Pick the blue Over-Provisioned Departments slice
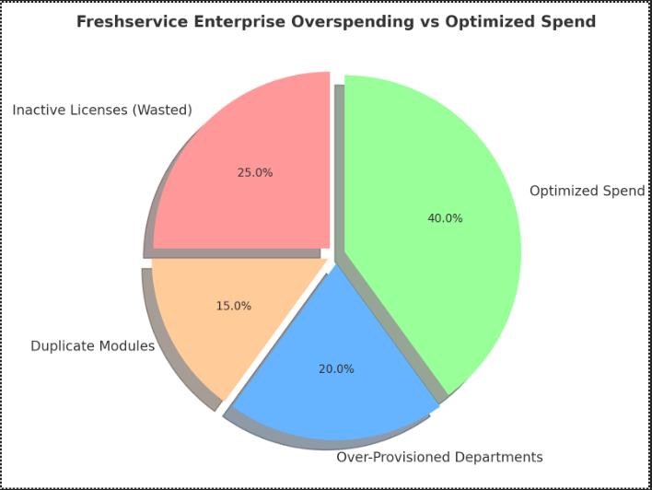332,387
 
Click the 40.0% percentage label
445,218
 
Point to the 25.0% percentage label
255,172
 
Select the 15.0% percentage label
234,306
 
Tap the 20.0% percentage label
336,368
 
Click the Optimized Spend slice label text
587,191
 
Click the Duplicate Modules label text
92,346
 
